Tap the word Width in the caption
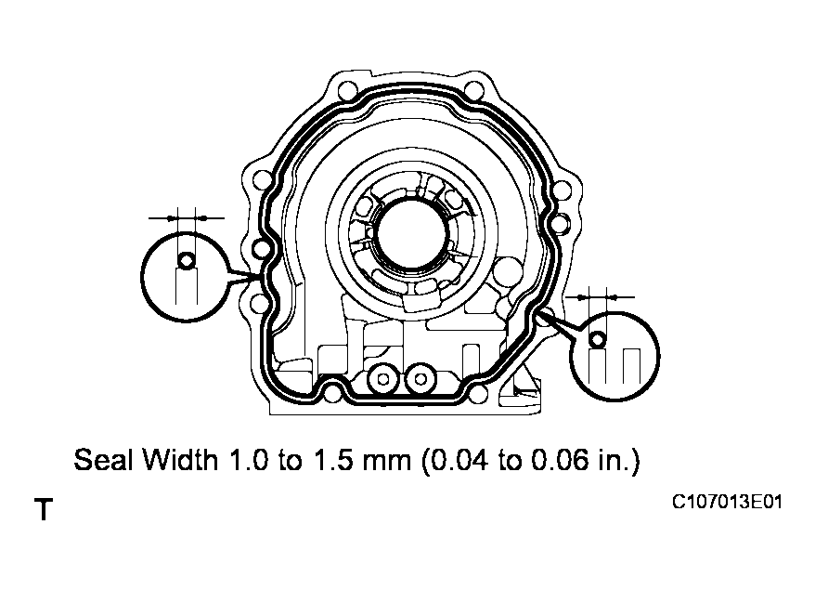180,461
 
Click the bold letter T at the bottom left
43,510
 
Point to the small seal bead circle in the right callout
598,339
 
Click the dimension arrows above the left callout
187,216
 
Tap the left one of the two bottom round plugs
381,378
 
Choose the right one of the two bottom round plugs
422,378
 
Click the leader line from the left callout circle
243,276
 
